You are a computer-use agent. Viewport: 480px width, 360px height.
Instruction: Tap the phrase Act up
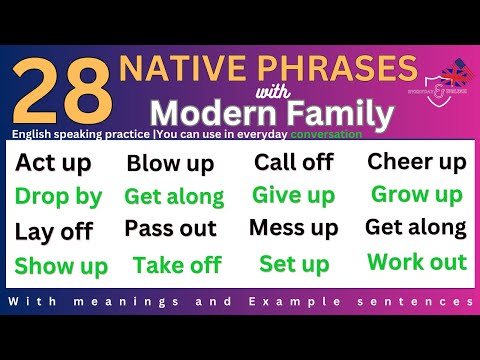point(53,163)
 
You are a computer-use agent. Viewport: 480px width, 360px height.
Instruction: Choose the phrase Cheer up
point(416,161)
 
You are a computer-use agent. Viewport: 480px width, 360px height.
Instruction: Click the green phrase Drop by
point(58,196)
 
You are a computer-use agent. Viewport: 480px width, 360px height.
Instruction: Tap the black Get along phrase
point(415,227)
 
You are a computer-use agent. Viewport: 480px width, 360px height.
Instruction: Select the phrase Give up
point(293,195)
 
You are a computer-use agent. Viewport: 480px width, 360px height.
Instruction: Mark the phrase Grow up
point(417,194)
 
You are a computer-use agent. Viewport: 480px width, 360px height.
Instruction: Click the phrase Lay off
point(54,231)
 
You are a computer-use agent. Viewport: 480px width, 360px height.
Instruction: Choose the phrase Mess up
point(294,228)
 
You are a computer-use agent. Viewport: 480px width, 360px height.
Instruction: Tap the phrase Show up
point(61,265)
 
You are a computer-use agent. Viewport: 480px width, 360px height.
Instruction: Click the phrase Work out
point(417,262)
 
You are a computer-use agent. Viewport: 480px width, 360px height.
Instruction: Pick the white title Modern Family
point(265,107)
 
